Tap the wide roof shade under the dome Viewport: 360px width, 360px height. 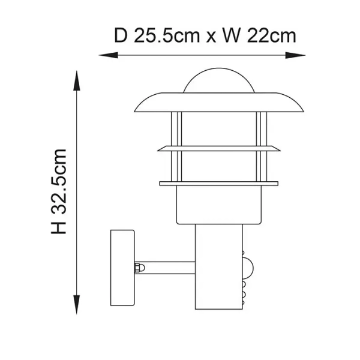pos(218,102)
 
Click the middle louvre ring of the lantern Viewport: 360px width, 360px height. pos(218,148)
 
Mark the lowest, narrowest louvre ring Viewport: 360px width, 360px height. pos(218,183)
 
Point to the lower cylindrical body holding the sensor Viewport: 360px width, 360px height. pos(217,270)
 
